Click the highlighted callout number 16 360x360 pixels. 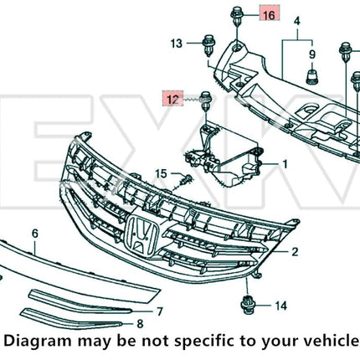pos(269,15)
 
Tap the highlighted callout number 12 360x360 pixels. pos(172,99)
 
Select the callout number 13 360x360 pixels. pos(177,44)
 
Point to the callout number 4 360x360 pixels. pos(297,21)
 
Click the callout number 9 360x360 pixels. pos(312,54)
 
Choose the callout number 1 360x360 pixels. pos(285,164)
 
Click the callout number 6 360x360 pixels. pos(35,234)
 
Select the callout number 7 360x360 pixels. pos(159,311)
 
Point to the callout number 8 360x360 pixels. pos(140,324)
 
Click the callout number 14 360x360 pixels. pos(281,306)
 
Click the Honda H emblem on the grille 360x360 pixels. pos(141,235)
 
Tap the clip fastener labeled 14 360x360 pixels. pos(246,305)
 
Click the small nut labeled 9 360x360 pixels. pos(312,76)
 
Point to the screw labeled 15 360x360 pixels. pos(186,179)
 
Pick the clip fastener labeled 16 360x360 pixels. pos(237,17)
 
